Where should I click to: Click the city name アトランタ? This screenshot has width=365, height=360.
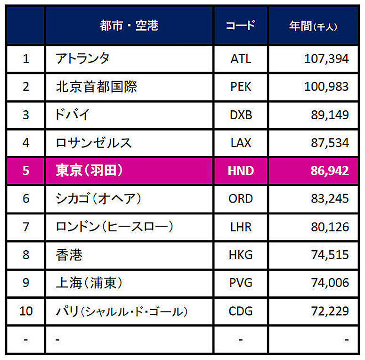tap(82, 58)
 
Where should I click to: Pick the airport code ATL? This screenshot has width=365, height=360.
tap(241, 59)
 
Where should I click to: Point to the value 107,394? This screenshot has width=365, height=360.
tap(326, 59)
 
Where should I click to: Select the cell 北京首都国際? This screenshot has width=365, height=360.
tap(97, 87)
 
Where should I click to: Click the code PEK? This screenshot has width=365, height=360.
tap(241, 87)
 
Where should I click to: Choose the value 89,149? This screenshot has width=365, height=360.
tap(330, 115)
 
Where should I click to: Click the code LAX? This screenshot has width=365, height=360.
tap(241, 143)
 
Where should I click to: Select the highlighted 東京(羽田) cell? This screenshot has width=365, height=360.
tap(89, 170)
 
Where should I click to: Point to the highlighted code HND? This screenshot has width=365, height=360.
tap(241, 171)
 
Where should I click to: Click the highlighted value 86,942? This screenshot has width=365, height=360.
tap(330, 171)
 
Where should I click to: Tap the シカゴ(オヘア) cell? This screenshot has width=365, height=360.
tap(98, 198)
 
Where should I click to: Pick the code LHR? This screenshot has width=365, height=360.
tap(241, 227)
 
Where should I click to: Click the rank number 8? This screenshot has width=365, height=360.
tap(26, 255)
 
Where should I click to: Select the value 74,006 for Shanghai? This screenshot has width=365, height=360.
tap(330, 283)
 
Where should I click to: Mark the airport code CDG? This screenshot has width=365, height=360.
tap(241, 311)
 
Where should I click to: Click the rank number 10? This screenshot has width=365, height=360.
tap(26, 311)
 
